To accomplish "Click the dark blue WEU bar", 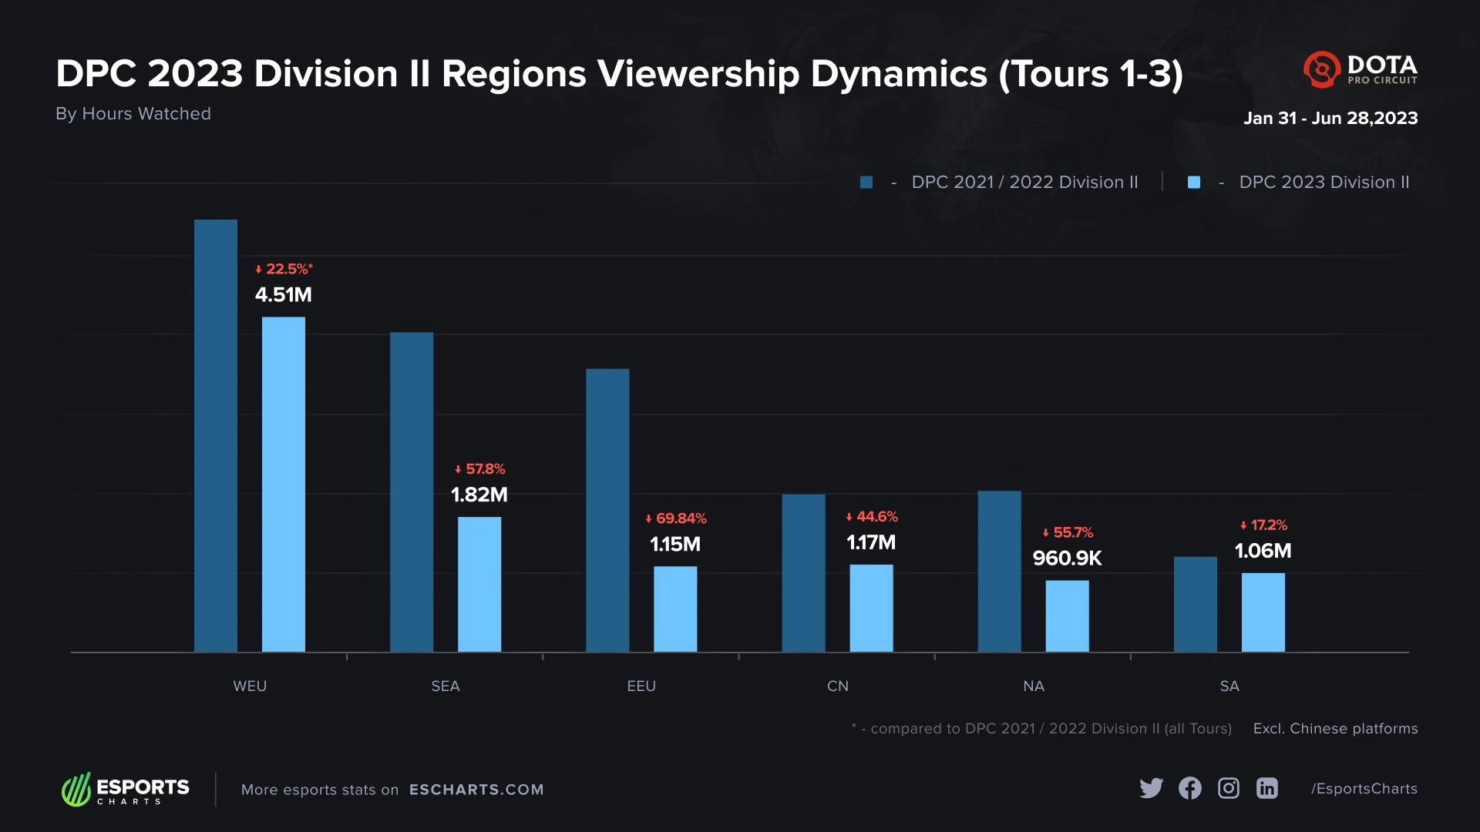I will pos(216,435).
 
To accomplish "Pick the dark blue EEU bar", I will pos(607,510).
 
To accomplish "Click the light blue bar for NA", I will pos(1067,616).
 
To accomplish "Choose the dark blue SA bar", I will pos(1195,604).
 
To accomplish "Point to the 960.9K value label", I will pos(1067,558).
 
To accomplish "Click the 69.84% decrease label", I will pos(676,518).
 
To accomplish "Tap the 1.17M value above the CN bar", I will pos(871,542).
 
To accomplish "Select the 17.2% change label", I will pos(1263,525).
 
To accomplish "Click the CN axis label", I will pos(837,686).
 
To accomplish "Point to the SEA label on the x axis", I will pos(446,686).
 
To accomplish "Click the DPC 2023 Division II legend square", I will pos(1194,183).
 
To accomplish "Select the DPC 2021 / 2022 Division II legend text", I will pos(1024,183).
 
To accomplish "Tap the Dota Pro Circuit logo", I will pos(1361,69).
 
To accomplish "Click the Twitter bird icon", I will pos(1151,788).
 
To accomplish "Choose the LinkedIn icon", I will pos(1267,788).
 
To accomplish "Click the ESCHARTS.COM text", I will pos(476,790).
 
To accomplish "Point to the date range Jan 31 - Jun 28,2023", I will pos(1330,118).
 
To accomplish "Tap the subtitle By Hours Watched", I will pos(133,113).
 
